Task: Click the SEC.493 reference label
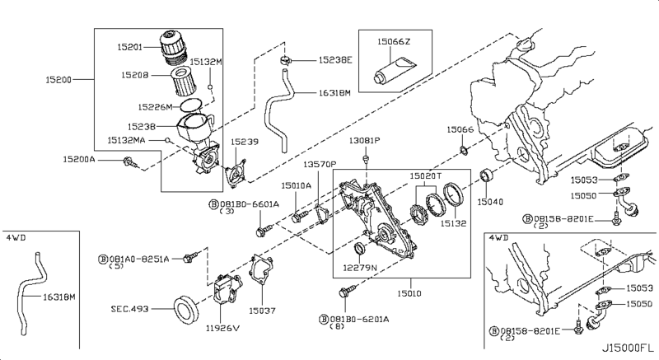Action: click(x=129, y=310)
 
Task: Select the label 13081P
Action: click(x=363, y=141)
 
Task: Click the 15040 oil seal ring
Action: click(x=488, y=176)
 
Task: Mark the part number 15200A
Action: click(x=80, y=158)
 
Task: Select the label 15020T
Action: click(x=427, y=175)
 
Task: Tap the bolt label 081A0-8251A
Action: click(x=140, y=259)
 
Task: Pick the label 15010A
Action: click(x=297, y=186)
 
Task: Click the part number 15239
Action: click(x=245, y=141)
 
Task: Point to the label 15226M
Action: click(x=155, y=107)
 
